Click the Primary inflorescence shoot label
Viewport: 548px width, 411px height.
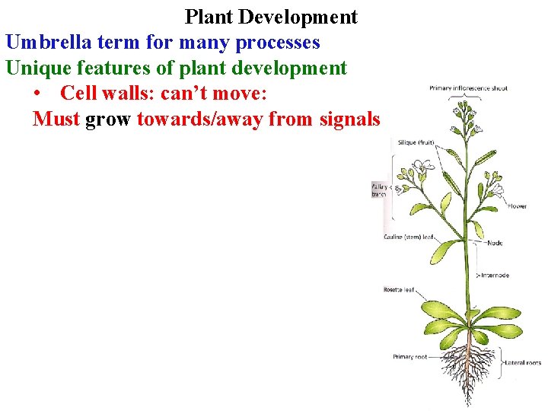468,88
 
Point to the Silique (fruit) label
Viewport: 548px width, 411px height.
416,142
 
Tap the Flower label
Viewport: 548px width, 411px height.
518,206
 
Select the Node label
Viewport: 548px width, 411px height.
495,244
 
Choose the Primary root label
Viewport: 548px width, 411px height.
410,356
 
